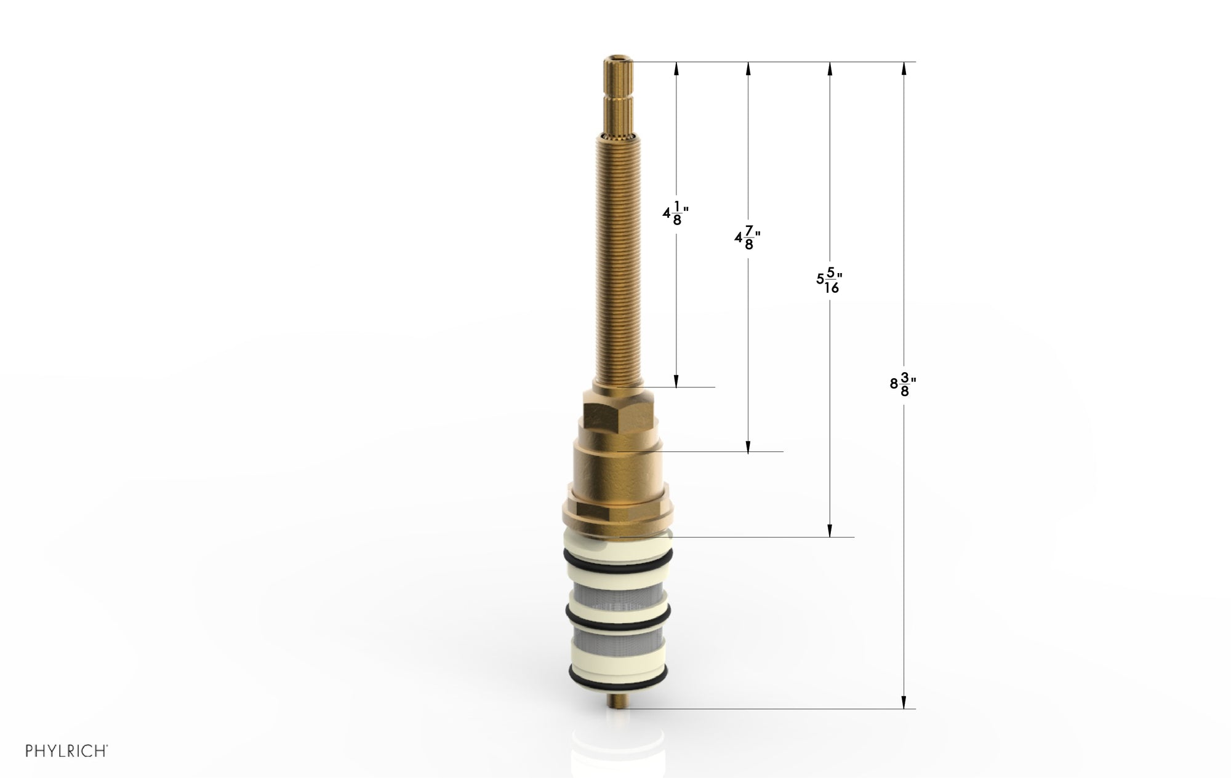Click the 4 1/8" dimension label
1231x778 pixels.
click(675, 213)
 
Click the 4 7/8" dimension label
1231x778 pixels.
click(747, 238)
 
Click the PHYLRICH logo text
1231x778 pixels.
click(66, 751)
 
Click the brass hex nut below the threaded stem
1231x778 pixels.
click(619, 409)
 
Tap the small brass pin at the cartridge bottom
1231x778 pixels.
click(618, 702)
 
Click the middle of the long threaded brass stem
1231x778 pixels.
click(619, 258)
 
